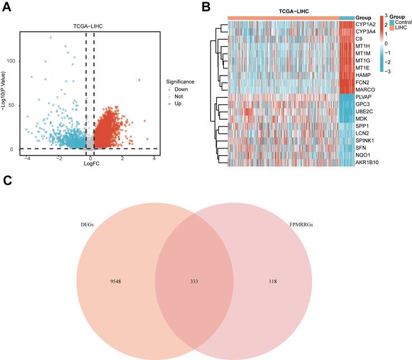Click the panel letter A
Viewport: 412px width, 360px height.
7,7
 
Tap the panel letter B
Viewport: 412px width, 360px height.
206,7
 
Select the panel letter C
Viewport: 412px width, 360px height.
7,180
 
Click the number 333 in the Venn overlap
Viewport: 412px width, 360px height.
194,282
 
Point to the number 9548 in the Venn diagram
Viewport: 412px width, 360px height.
116,282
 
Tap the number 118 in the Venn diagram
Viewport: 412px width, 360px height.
273,282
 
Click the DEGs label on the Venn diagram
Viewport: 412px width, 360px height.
87,225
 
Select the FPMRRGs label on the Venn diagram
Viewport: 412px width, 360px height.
301,225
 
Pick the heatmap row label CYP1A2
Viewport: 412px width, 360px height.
366,25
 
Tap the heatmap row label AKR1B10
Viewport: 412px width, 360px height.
367,162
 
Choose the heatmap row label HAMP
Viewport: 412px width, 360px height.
363,75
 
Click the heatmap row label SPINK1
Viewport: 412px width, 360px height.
365,141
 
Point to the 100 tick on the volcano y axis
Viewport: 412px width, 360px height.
11,61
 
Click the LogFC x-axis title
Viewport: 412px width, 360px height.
91,163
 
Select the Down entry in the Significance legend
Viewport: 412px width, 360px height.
181,90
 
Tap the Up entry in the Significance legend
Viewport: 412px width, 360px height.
178,104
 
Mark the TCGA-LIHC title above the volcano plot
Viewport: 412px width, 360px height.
88,26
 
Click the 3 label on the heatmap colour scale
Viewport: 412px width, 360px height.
386,16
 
